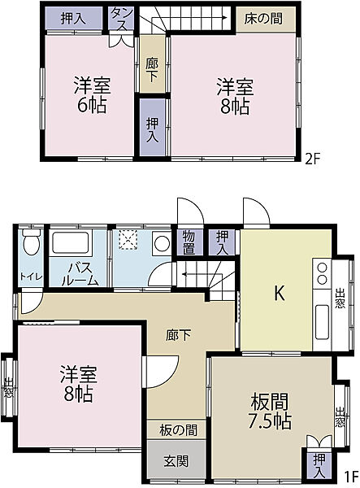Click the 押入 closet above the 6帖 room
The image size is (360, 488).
(72, 18)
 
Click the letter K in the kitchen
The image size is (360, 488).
(278, 294)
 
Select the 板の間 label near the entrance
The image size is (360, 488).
(177, 430)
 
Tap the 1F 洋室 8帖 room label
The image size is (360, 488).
(78, 384)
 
